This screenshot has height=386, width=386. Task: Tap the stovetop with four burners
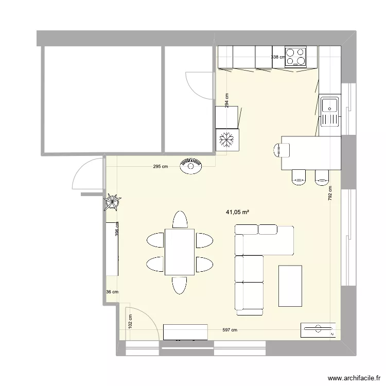295,57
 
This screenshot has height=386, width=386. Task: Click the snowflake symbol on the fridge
227,138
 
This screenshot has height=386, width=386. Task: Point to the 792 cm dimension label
330,195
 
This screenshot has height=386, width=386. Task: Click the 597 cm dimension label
230,330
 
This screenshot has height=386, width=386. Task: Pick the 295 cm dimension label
160,167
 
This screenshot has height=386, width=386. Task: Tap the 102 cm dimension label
130,322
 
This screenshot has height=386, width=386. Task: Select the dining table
179,252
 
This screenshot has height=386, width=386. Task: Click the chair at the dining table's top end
180,220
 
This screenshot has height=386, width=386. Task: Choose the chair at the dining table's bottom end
180,285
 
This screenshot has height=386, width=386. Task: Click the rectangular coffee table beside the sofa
290,285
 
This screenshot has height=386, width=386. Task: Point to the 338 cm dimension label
278,57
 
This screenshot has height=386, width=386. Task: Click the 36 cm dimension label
112,292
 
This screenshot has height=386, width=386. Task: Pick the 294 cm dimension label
227,99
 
